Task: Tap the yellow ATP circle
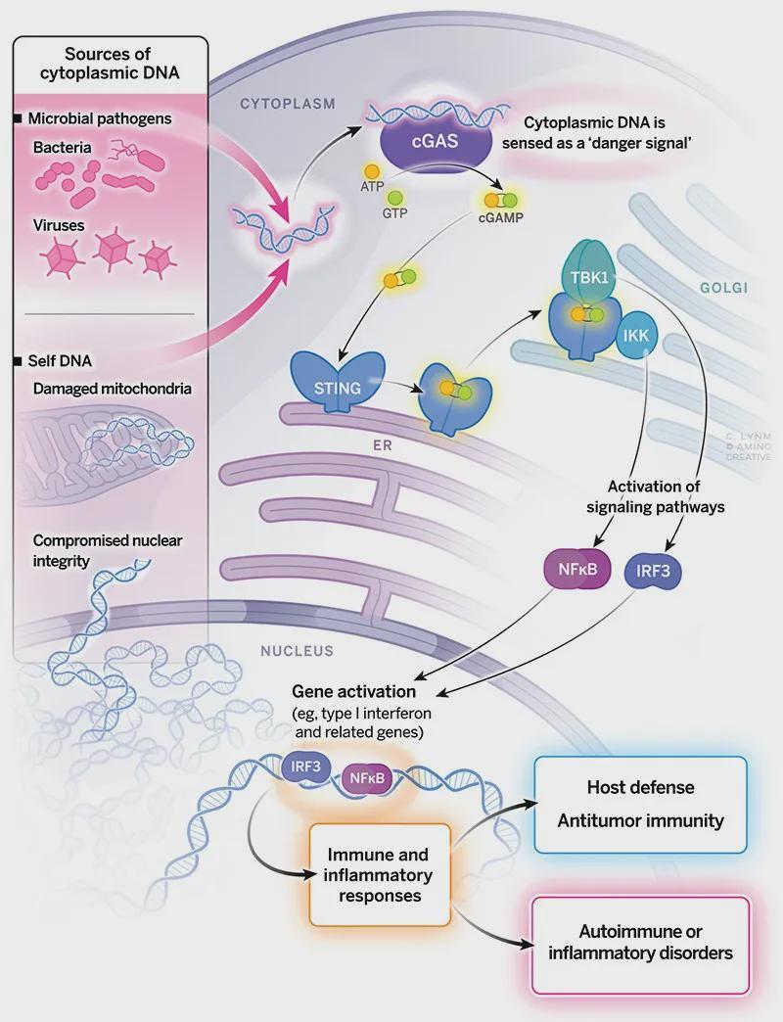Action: click(371, 171)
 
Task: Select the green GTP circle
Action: click(394, 197)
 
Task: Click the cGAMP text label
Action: click(500, 217)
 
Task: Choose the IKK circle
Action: click(636, 336)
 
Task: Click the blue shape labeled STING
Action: click(338, 382)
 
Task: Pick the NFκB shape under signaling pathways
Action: click(577, 569)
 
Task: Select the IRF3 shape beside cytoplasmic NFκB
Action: click(652, 572)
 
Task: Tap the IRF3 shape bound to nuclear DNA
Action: click(305, 767)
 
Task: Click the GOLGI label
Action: click(723, 288)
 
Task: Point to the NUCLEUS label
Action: click(297, 650)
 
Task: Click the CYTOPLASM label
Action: click(288, 104)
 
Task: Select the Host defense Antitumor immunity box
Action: click(640, 805)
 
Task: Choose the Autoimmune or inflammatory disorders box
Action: click(640, 945)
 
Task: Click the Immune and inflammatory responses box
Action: click(380, 875)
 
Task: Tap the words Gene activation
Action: click(353, 691)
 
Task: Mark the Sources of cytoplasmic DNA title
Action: click(110, 64)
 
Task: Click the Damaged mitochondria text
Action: click(112, 389)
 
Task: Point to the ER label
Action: click(383, 445)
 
